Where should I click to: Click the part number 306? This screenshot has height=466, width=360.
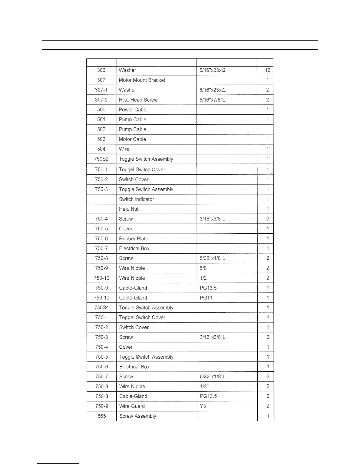click(x=101, y=70)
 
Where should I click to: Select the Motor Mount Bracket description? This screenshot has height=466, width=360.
click(x=142, y=80)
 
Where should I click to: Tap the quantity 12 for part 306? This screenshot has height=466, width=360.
click(x=267, y=70)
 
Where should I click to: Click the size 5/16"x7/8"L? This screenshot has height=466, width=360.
click(x=212, y=100)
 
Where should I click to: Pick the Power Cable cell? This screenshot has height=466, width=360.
click(x=133, y=110)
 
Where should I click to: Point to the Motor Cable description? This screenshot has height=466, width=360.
click(x=132, y=139)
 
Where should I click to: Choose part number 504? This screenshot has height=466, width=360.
click(x=101, y=149)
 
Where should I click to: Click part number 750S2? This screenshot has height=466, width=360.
click(x=101, y=159)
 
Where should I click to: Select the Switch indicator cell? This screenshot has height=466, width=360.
click(x=136, y=199)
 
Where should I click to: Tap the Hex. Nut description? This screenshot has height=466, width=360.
click(x=129, y=209)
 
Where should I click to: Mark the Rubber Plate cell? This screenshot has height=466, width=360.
click(x=134, y=239)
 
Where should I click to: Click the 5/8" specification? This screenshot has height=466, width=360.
click(x=204, y=268)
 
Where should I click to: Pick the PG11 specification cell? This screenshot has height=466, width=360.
click(x=206, y=298)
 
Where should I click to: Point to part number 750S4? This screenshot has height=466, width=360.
click(x=101, y=308)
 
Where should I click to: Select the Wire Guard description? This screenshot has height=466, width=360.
click(x=132, y=406)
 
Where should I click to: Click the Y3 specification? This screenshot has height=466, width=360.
click(x=203, y=406)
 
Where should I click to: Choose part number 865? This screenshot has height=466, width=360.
click(x=101, y=416)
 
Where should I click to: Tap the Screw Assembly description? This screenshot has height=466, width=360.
click(x=138, y=416)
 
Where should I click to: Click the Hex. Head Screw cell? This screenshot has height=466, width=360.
click(x=138, y=100)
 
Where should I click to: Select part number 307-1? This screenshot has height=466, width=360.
click(x=101, y=90)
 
